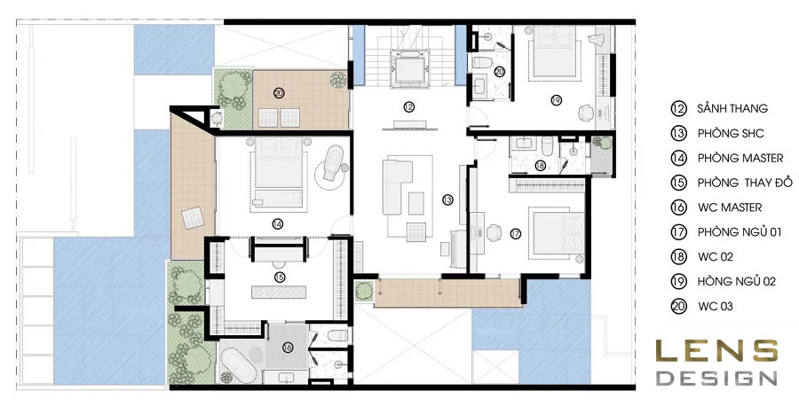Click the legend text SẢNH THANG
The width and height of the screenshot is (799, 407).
[732, 108]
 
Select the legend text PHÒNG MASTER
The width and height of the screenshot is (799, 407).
[740, 158]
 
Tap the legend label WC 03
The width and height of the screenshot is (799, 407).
[716, 306]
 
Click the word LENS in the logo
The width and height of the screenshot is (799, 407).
[716, 351]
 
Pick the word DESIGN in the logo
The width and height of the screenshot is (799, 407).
[716, 378]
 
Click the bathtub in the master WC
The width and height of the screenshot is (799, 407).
[239, 364]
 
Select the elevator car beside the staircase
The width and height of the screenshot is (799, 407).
[407, 67]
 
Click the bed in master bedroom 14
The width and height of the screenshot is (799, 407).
[278, 172]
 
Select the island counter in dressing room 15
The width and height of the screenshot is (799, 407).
[279, 293]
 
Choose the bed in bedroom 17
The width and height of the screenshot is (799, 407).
[558, 233]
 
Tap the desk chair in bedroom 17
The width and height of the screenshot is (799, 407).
[494, 232]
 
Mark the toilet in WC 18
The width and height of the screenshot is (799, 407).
[547, 145]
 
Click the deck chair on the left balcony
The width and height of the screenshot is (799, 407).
[194, 218]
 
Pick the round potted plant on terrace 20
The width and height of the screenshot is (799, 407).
[337, 80]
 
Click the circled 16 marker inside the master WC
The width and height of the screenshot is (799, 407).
[288, 348]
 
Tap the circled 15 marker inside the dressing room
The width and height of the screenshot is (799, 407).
[280, 278]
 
